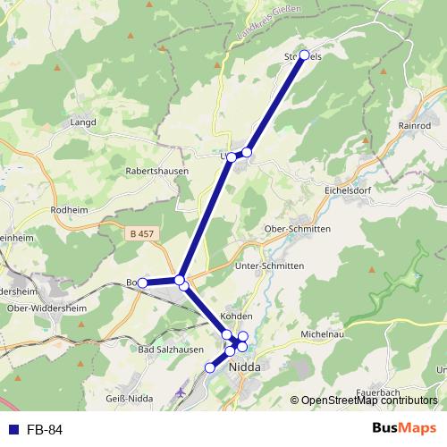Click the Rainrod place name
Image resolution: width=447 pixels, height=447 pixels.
415,126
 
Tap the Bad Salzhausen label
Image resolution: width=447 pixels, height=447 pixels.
168,349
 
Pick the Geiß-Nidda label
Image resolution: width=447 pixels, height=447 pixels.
129,398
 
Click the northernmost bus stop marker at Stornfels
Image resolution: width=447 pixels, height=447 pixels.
304,55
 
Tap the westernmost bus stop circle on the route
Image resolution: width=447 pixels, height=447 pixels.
143,283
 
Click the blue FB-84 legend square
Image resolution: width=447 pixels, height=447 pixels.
13,429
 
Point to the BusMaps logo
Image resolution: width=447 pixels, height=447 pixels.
404,429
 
